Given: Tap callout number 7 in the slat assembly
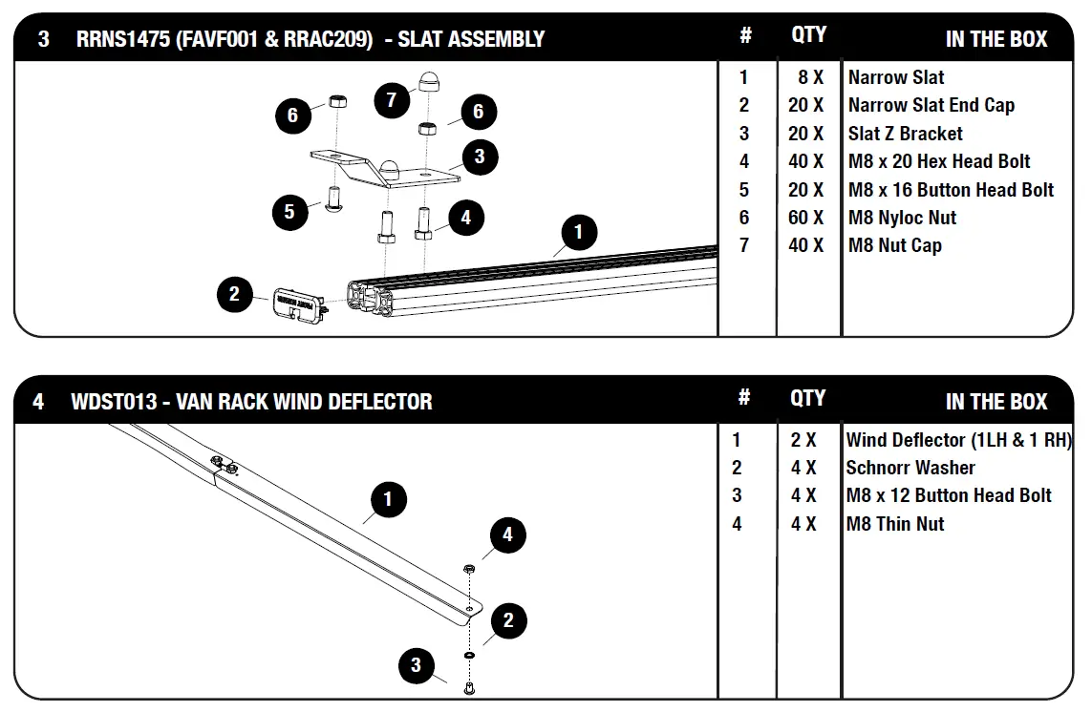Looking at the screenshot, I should pos(392,99).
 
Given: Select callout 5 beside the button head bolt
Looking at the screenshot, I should pos(290,211).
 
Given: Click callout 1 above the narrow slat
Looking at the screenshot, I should pos(578,231).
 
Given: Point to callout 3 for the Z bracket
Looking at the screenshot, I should pos(480,157).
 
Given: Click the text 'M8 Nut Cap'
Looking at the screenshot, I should pos(894,245).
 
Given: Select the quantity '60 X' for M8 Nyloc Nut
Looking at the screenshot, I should pos(805,218).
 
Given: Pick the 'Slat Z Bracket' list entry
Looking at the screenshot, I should pos(905,134).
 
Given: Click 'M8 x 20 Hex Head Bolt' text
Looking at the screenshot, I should pos(939,161).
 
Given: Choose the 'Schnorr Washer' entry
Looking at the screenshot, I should pos(910,468).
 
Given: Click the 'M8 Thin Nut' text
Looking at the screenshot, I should pos(894,524).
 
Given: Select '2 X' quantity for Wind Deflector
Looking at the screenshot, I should pos(803,440).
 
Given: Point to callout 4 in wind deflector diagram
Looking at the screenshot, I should pos(507,534).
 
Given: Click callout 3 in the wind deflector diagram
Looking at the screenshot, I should pos(416,664).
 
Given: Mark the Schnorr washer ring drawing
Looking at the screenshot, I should pos(470,657).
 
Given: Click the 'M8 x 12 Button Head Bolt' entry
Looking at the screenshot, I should pos(948,495).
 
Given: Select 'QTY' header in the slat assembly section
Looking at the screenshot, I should pos(808,35).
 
